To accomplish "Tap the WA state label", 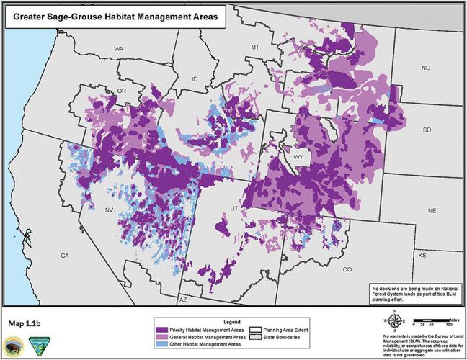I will (x=119, y=49).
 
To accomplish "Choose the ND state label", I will (x=425, y=68).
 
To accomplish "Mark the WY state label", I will (x=298, y=155).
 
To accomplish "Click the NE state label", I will (x=432, y=211).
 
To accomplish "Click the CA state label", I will (x=64, y=256).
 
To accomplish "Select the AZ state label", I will (x=182, y=298).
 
